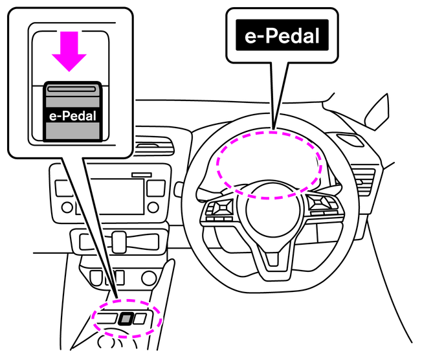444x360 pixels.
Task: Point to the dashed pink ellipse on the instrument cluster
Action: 269,163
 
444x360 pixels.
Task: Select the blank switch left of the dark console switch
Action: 108,318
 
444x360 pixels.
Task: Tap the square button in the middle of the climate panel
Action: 118,242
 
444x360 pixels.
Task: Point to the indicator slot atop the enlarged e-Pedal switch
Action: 72,92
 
